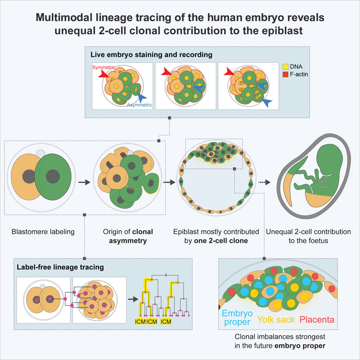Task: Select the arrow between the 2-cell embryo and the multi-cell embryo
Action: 84,183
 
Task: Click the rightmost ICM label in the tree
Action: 166,321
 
